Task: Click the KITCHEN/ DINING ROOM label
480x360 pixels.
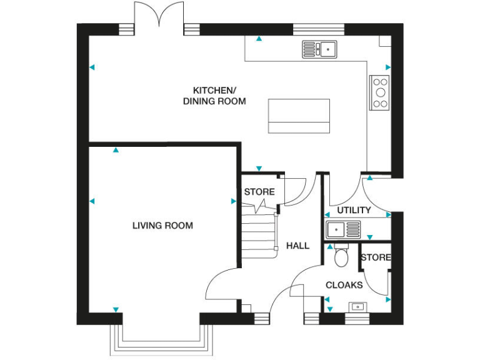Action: (x=214, y=95)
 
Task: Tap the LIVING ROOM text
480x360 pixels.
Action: (x=162, y=226)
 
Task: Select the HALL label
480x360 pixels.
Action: (x=297, y=246)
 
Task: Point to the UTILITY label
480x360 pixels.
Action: (x=354, y=210)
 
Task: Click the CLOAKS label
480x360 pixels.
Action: (x=344, y=285)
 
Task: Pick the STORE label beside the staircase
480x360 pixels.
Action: (x=259, y=191)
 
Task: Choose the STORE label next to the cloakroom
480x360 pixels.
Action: (x=375, y=257)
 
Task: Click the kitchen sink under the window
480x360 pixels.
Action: (x=319, y=49)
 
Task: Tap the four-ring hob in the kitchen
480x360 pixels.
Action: (x=379, y=92)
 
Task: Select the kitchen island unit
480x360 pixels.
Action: (x=299, y=116)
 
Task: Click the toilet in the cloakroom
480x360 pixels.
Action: (x=341, y=256)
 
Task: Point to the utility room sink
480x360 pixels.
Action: (x=343, y=229)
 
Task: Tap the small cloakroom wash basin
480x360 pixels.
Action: (x=358, y=306)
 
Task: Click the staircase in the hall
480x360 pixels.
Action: (x=259, y=231)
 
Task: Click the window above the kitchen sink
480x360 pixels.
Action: (x=319, y=28)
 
